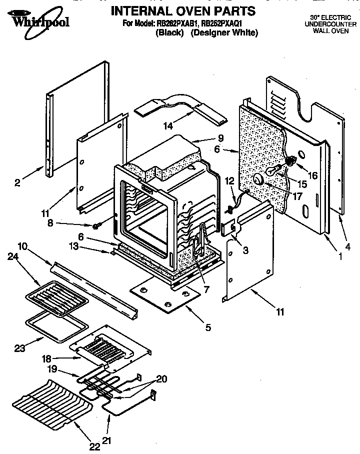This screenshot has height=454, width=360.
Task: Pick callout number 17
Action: point(297,196)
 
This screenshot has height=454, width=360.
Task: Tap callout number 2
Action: point(17,183)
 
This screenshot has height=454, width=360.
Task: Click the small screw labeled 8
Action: point(95,226)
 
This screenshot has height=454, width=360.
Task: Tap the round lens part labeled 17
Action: point(258,179)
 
